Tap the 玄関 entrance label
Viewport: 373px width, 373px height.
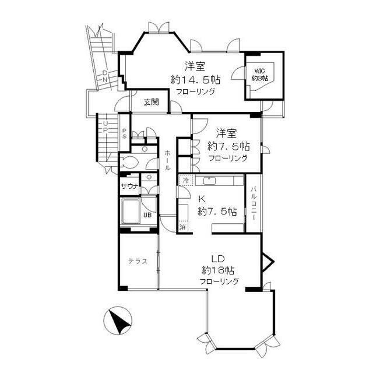pyautogui.click(x=151, y=103)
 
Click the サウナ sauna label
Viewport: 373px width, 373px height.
pyautogui.click(x=129, y=186)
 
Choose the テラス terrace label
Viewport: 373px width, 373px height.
pyautogui.click(x=138, y=262)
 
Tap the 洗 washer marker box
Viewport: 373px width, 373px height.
pyautogui.click(x=183, y=226)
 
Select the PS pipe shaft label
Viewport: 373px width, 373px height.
pyautogui.click(x=125, y=133)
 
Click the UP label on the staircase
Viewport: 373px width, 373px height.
pyautogui.click(x=104, y=126)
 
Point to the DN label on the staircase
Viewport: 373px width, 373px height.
pyautogui.click(x=104, y=76)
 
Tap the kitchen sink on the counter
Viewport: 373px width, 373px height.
pyautogui.click(x=209, y=181)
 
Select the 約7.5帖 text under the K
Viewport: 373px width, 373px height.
pyautogui.click(x=217, y=211)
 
